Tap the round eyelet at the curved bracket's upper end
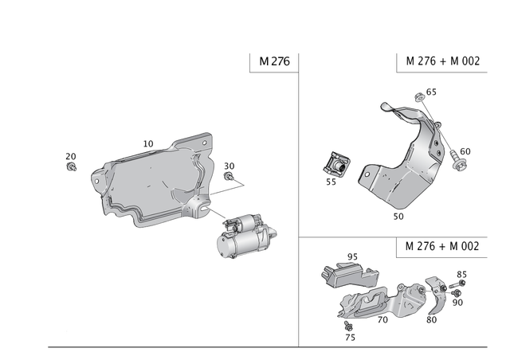(385, 105)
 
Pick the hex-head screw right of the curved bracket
(461, 162)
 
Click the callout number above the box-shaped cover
(348, 256)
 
